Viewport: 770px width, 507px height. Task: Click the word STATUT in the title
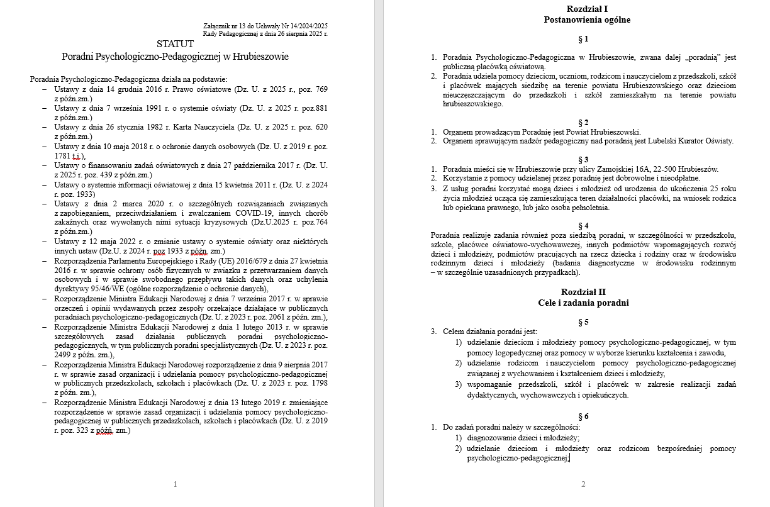(x=176, y=44)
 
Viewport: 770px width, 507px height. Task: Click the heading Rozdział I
(x=587, y=8)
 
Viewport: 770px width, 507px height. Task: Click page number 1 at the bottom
(x=175, y=484)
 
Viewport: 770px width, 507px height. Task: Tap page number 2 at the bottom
(x=583, y=484)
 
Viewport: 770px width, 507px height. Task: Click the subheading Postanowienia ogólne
(x=587, y=19)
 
